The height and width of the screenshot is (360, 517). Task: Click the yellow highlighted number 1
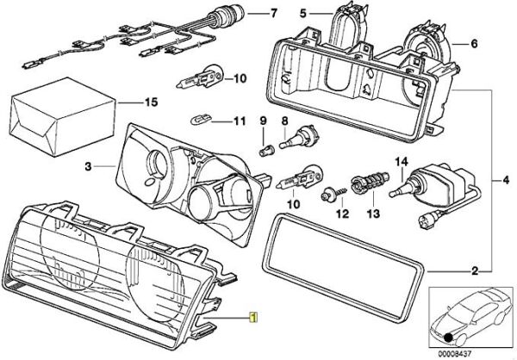point(252,316)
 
